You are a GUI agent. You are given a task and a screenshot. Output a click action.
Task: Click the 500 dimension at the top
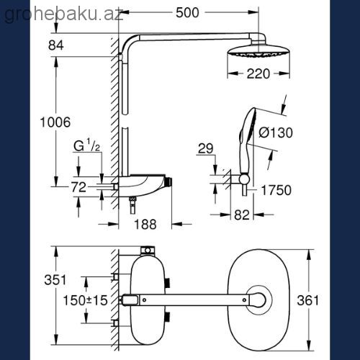(x=187, y=13)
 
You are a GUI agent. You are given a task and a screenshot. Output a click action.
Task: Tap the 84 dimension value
(x=55, y=45)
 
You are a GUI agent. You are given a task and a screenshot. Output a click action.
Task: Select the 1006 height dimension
(x=55, y=122)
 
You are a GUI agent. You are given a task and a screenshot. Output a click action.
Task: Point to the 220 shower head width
(x=258, y=73)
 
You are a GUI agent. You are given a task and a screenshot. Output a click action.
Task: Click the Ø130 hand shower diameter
(x=276, y=132)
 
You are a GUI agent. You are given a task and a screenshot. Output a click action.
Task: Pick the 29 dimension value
(x=205, y=148)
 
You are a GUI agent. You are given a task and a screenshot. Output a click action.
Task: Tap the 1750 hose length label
(x=276, y=190)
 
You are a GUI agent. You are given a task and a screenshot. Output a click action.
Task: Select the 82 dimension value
(x=242, y=215)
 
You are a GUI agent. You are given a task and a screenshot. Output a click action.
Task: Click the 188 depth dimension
(x=145, y=225)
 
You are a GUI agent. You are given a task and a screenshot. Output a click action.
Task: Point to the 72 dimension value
(x=78, y=187)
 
